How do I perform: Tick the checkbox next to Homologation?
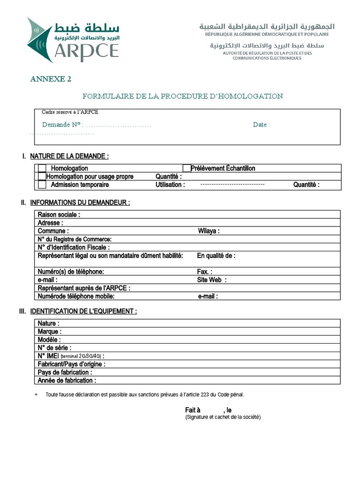click(x=42, y=169)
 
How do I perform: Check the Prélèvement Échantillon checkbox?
click(x=187, y=168)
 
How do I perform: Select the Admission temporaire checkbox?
click(x=42, y=185)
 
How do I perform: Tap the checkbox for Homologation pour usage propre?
click(x=42, y=177)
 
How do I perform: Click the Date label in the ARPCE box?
click(x=261, y=125)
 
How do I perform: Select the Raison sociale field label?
click(x=59, y=215)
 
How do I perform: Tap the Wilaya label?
click(x=208, y=231)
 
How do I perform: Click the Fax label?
click(x=204, y=272)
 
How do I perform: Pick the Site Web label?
click(x=212, y=280)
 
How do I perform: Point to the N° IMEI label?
click(x=48, y=356)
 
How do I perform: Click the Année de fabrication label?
click(x=67, y=380)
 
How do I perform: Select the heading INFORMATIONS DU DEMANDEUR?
click(x=80, y=202)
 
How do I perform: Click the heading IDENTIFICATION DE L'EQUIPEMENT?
click(x=83, y=312)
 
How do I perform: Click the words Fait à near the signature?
click(x=193, y=410)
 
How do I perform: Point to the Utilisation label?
click(x=170, y=185)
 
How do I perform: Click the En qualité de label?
click(x=216, y=256)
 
